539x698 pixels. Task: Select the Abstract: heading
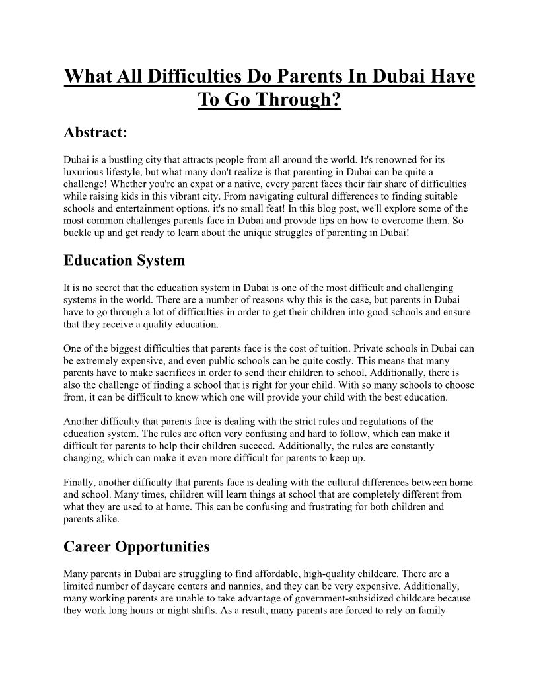95,133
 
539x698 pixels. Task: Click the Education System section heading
124,260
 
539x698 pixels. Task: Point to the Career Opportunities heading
137,547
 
